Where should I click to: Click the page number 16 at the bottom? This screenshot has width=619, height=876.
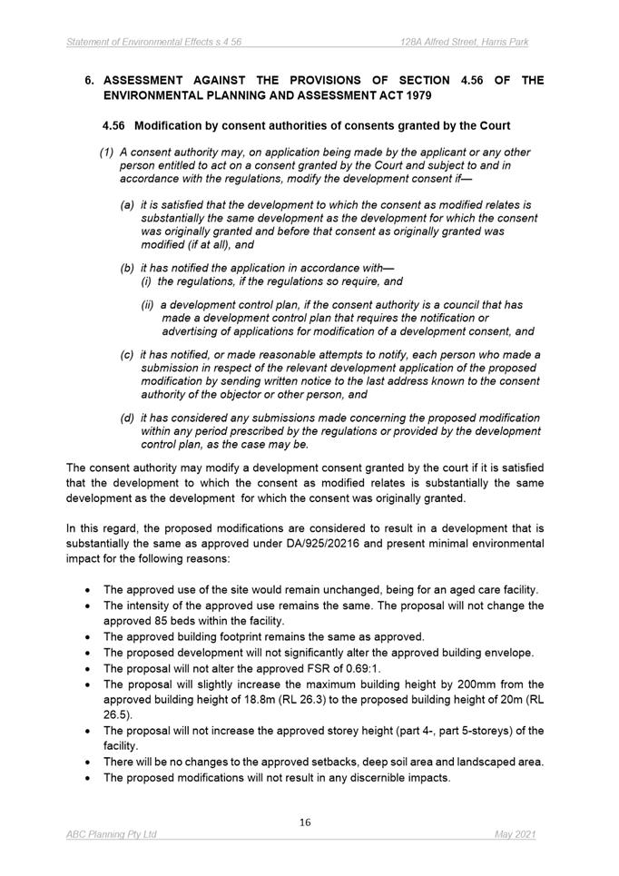point(305,822)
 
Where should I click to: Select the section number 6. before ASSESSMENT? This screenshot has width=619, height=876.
point(90,80)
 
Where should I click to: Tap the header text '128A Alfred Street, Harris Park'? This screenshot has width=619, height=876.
point(466,43)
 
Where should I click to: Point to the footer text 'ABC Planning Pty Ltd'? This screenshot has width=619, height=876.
point(112,834)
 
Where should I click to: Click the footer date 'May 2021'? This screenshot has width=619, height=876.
point(516,834)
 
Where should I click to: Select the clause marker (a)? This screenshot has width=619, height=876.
point(128,206)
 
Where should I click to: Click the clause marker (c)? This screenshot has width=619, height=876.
point(128,354)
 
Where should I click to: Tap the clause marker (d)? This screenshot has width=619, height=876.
point(128,418)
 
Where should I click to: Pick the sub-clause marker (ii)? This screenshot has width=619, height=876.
point(149,305)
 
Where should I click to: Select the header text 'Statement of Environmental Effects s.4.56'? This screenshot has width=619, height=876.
point(153,43)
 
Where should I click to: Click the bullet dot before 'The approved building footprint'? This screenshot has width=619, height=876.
point(87,637)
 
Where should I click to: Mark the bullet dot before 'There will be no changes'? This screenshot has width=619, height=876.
point(87,763)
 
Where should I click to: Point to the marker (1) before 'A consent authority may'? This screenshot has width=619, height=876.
point(106,153)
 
